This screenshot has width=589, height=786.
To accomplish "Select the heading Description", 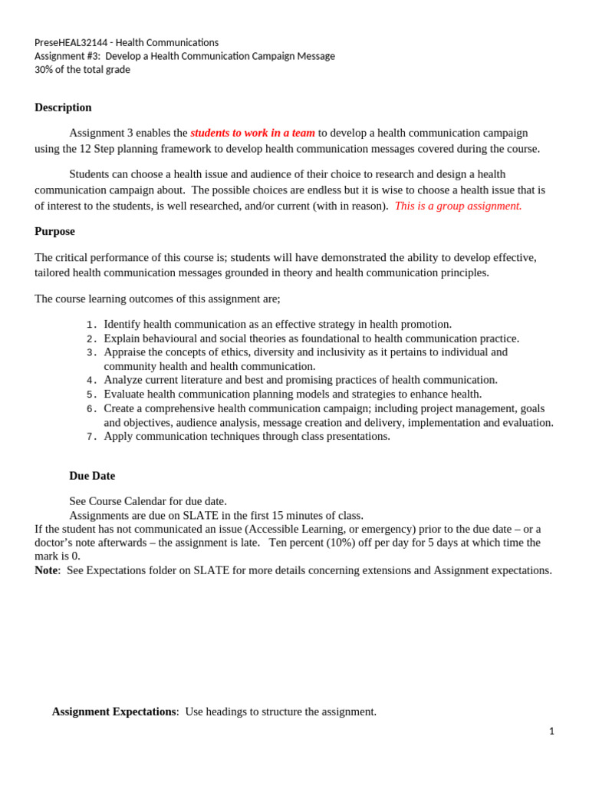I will coord(63,107).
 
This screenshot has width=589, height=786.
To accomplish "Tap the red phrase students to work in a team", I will coord(252,133).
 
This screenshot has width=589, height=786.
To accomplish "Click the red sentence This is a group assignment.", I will coord(458,206).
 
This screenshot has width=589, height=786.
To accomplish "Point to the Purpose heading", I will coord(54,231).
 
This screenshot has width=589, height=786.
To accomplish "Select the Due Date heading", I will coord(92,476).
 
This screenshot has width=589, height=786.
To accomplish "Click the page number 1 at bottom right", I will coord(551,732).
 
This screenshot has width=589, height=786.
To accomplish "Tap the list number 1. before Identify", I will coord(91,325).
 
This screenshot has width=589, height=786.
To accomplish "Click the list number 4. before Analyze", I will coord(91,380).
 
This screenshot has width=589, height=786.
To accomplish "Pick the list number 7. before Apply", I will coord(91,437).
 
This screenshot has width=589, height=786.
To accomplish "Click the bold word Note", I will coord(46,570).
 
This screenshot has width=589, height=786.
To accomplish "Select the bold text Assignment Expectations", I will coord(114,712).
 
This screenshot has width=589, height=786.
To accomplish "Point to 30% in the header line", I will coord(44,70).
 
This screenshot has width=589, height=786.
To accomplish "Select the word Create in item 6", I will coord(120,408).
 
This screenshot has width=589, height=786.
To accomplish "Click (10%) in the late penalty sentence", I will coord(352,543).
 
